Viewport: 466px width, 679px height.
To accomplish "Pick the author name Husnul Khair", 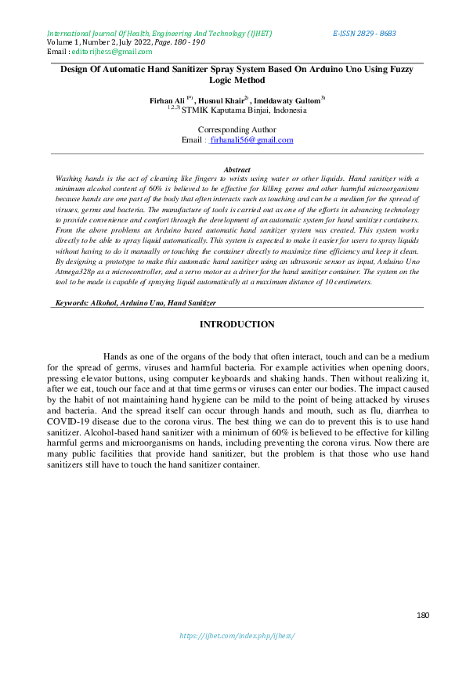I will (x=222, y=101).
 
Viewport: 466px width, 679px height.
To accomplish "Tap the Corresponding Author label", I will (x=237, y=129).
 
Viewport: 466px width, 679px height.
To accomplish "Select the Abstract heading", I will (x=237, y=169).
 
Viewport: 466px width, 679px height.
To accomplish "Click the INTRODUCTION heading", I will (x=237, y=324).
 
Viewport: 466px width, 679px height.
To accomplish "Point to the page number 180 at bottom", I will (x=423, y=616).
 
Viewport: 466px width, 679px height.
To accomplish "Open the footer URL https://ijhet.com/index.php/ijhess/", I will (x=237, y=635).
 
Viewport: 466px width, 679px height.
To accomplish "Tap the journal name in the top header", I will (x=159, y=34).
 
